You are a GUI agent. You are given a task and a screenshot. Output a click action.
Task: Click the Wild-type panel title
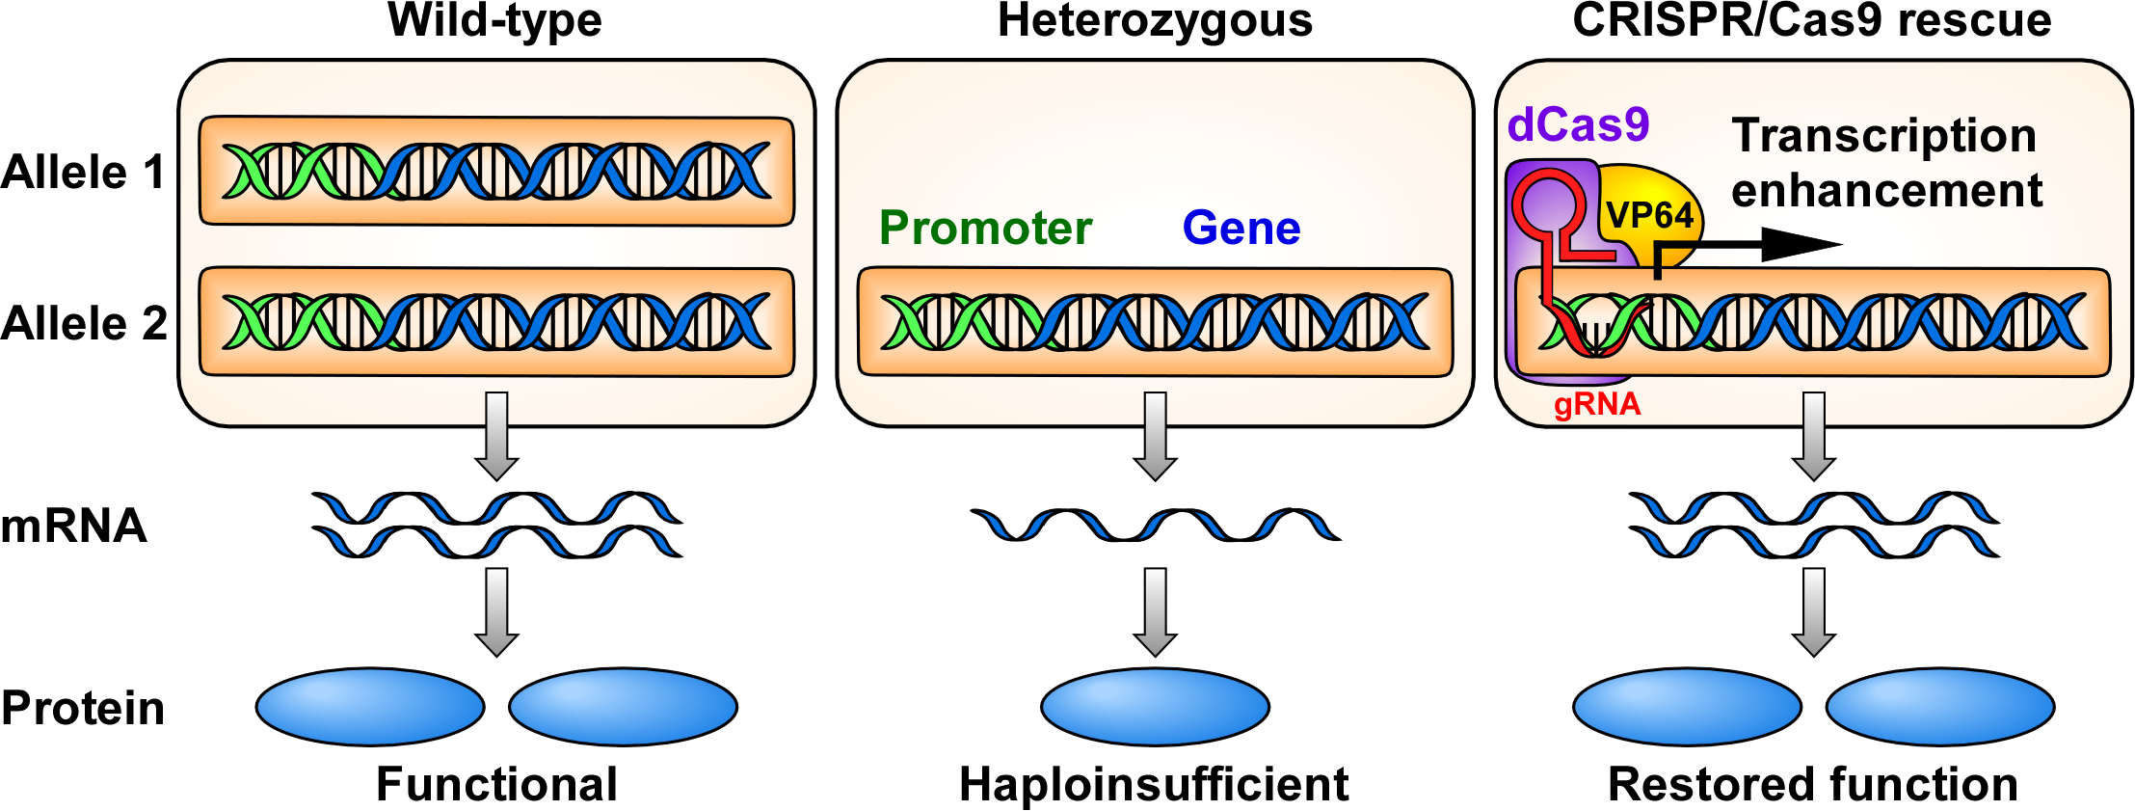[494, 20]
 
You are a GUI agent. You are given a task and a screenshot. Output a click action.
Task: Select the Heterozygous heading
[1155, 20]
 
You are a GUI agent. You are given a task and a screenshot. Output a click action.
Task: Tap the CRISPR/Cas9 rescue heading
[1811, 20]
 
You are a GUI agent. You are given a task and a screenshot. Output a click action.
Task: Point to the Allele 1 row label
[84, 173]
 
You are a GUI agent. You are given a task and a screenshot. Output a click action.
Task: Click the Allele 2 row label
[84, 323]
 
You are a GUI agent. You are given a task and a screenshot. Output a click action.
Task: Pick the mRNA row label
[73, 527]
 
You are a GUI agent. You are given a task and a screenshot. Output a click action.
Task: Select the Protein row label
[83, 708]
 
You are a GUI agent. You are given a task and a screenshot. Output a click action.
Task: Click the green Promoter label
[985, 229]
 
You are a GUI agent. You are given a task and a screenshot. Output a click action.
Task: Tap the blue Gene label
[1241, 229]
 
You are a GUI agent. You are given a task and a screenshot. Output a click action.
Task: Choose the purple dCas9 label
[1578, 125]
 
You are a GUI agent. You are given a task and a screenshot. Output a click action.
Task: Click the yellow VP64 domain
[1650, 214]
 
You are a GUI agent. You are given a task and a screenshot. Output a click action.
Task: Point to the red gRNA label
[1597, 404]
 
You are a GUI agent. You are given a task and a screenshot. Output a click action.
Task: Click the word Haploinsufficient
[1154, 784]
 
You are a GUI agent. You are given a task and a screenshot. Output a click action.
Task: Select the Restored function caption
[1812, 784]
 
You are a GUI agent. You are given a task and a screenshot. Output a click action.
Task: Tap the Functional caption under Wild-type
[496, 784]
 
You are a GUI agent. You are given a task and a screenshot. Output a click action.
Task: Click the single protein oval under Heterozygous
[1155, 707]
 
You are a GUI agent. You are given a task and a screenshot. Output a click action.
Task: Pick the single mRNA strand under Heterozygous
[1155, 525]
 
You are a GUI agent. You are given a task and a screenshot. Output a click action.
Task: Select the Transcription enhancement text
[1885, 163]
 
